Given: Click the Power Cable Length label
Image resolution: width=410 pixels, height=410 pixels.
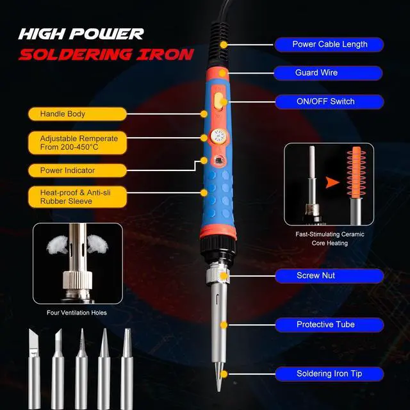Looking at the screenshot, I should [329, 44].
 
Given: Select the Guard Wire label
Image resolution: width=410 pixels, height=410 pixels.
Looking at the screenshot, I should [329, 72].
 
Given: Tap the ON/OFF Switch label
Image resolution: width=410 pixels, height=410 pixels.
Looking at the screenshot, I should [329, 101].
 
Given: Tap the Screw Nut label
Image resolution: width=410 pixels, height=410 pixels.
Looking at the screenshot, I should [329, 275].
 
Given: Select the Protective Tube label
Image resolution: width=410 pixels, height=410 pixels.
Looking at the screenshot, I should [329, 324].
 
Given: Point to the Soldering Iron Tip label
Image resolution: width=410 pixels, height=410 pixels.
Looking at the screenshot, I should [329, 373].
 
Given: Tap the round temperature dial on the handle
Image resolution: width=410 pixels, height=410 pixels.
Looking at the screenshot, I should [216, 136].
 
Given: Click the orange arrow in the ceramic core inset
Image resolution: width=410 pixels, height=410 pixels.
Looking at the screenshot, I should [331, 183].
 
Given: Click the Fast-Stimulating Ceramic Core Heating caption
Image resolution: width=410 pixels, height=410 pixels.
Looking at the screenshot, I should [330, 238].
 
